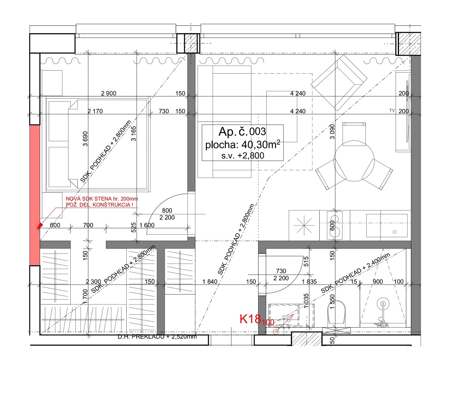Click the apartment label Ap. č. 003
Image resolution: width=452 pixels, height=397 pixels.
pyautogui.click(x=243, y=131)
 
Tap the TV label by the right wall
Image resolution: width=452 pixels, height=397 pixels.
pyautogui.click(x=392, y=111)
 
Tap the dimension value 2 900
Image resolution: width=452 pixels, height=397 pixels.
pyautogui.click(x=109, y=93)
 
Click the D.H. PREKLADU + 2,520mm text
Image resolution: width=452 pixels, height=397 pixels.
pyautogui.click(x=157, y=336)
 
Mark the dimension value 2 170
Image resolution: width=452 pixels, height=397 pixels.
pyautogui.click(x=95, y=112)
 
